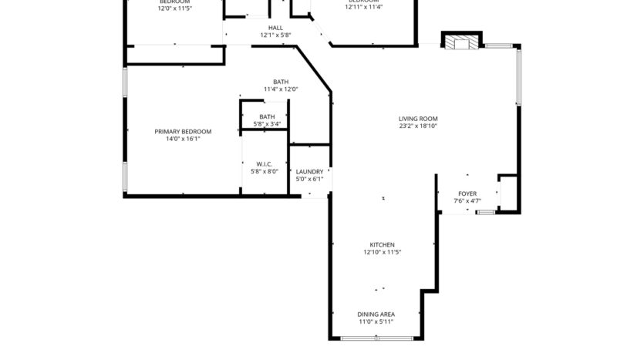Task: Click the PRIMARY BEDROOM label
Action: [183, 132]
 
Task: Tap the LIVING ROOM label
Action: [418, 119]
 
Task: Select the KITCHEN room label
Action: [382, 244]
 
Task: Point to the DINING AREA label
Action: [376, 315]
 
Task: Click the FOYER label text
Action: [467, 193]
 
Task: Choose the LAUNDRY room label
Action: [309, 172]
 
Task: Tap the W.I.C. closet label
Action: [265, 163]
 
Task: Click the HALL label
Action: [275, 28]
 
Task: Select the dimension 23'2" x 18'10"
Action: [418, 126]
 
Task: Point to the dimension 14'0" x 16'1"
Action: [183, 140]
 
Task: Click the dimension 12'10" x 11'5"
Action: [382, 252]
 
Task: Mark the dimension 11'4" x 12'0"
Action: [281, 89]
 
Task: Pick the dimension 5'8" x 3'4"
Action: [267, 124]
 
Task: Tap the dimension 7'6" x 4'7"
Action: [467, 201]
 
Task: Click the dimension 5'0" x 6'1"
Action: [309, 180]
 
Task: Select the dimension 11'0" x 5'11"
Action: [376, 321]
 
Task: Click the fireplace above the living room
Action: [461, 41]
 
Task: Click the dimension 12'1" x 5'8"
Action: [275, 35]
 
